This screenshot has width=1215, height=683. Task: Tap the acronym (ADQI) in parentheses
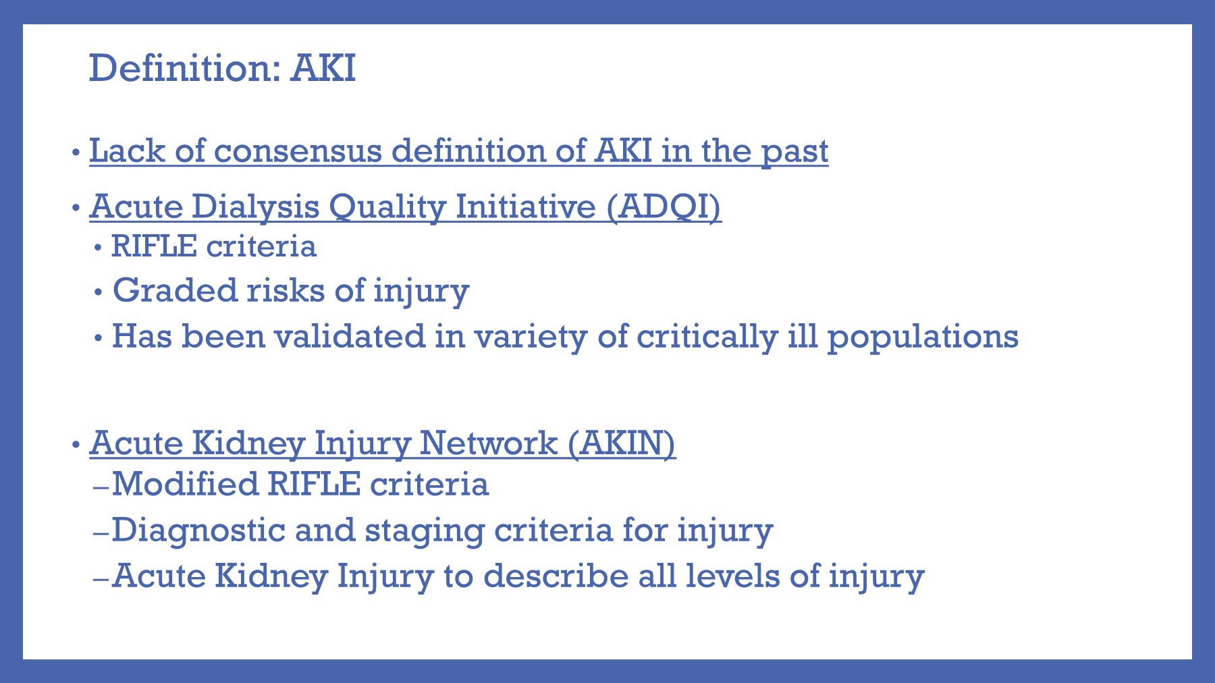click(x=663, y=207)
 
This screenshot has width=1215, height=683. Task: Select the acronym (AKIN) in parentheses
click(x=621, y=443)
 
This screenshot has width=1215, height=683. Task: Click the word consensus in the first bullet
click(x=298, y=151)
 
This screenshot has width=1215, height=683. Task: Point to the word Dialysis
click(x=255, y=207)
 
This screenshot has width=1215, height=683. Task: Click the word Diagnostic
click(x=198, y=530)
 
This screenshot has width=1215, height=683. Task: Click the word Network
click(x=488, y=443)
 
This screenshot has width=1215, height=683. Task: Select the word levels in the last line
click(x=732, y=576)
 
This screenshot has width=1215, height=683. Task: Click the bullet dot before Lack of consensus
click(x=76, y=152)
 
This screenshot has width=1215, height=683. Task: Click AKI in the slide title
click(x=323, y=68)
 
